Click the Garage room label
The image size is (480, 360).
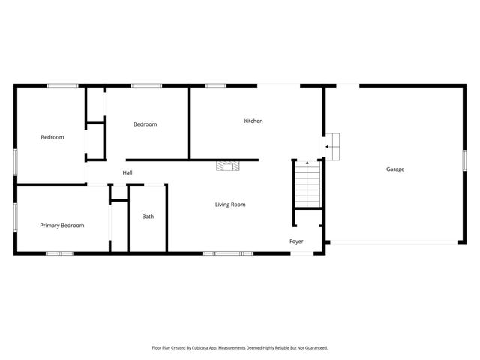click(395, 169)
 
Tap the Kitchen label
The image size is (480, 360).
click(253, 121)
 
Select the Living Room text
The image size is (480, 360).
click(230, 205)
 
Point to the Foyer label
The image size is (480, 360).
click(297, 241)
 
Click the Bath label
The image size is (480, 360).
click(148, 217)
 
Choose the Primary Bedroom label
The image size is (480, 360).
click(62, 226)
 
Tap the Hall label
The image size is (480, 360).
click(127, 173)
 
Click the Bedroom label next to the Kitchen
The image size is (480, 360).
click(145, 124)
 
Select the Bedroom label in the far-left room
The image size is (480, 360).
click(52, 137)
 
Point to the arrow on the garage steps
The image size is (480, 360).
click(328, 147)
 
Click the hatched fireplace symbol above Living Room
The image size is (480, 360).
click(227, 165)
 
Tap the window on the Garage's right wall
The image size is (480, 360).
click(465, 160)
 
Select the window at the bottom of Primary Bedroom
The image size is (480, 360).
click(60, 253)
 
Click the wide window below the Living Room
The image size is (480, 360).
click(228, 253)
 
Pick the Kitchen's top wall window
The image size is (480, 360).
click(216, 85)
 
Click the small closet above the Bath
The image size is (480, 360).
click(119, 192)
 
